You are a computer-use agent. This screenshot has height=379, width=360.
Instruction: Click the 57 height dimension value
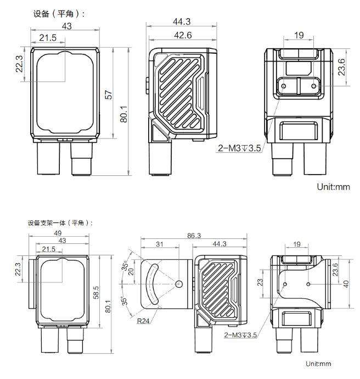tap(109, 94)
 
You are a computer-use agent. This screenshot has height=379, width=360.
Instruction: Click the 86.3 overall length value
tap(194, 235)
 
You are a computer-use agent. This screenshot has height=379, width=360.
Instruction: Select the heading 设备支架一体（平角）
tap(60, 223)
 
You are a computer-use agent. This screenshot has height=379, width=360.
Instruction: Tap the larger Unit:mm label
tap(333, 187)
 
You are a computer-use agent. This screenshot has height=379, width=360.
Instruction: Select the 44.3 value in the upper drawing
tap(181, 22)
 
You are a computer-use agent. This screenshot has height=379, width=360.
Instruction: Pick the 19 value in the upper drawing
tap(299, 36)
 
